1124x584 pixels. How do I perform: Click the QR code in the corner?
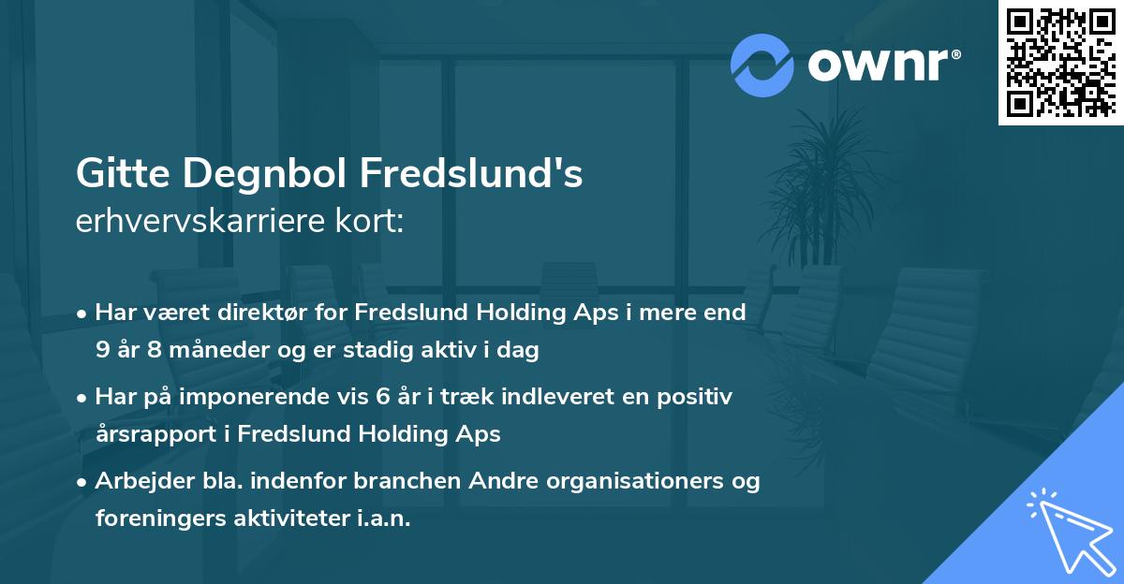click(x=1060, y=62)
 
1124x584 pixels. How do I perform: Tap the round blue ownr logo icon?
click(x=762, y=65)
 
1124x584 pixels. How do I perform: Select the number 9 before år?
click(x=102, y=351)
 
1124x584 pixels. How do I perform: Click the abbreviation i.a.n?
click(x=385, y=518)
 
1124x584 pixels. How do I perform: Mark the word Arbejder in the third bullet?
click(x=140, y=481)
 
